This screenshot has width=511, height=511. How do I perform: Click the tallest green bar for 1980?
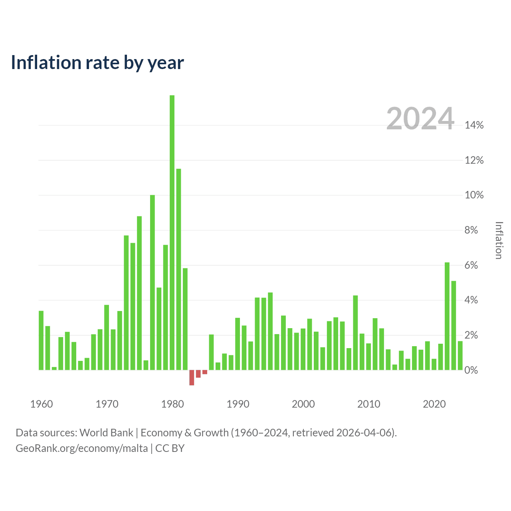[x=172, y=232]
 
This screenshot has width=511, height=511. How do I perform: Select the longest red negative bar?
[x=192, y=377]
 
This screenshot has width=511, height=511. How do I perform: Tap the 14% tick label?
[x=474, y=125]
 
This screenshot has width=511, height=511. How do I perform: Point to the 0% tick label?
[x=471, y=370]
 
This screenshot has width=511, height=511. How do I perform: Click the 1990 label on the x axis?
[x=238, y=404]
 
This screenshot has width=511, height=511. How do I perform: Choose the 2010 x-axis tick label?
[x=368, y=404]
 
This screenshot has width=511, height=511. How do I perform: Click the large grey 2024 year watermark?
[x=420, y=118]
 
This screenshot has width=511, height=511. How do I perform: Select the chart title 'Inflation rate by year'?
[x=97, y=63]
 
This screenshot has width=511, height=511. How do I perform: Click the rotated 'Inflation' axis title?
[x=499, y=240]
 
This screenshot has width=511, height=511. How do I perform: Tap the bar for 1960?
[x=41, y=340]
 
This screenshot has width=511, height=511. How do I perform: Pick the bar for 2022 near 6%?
[x=447, y=316]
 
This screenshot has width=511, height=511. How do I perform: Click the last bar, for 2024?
[x=460, y=355]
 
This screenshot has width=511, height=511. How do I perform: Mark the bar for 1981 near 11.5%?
[x=178, y=269]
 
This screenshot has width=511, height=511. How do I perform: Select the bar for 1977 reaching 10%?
[x=152, y=282]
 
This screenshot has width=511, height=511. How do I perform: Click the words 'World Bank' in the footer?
[x=106, y=432]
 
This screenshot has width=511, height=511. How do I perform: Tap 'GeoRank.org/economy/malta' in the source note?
[x=82, y=448]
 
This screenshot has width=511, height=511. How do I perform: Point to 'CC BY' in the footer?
[x=170, y=448]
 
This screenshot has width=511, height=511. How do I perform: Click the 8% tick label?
[x=471, y=230]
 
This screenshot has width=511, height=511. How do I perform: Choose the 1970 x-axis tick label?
[x=107, y=404]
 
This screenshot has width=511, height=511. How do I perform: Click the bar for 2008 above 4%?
[x=355, y=333]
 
